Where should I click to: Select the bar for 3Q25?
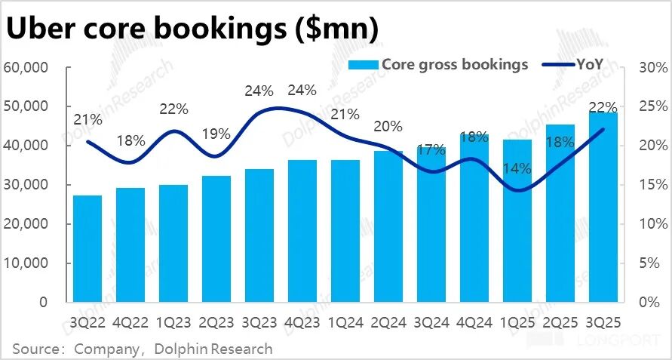click(603, 208)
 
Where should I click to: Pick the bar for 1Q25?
click(517, 221)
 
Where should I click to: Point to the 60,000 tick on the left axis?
click(26, 68)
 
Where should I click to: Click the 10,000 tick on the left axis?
click(26, 263)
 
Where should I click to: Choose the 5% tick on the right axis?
click(649, 263)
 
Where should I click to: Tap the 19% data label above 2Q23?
click(216, 134)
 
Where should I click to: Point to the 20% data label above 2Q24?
click(388, 126)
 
